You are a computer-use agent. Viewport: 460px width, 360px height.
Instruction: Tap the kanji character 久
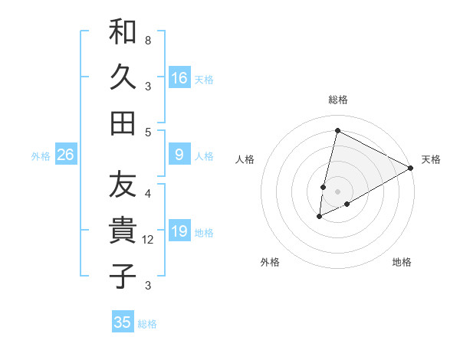pos(123,77)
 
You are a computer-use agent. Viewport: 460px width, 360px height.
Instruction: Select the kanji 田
pos(123,123)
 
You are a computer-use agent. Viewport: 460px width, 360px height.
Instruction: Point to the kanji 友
pos(123,186)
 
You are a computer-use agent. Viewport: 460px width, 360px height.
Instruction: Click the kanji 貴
pos(123,231)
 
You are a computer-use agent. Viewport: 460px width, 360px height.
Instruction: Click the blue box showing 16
pos(179,78)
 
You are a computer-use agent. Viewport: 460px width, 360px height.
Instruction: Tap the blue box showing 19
pos(179,231)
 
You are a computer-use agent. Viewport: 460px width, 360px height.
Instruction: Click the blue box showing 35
pos(123,322)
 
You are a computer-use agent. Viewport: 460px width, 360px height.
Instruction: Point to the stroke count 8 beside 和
pos(147,40)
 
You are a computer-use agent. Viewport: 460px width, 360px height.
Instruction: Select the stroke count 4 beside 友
pos(147,192)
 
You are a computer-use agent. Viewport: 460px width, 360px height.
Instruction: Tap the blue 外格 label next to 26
pos(41,156)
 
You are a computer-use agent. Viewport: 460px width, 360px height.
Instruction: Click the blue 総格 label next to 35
pos(147,324)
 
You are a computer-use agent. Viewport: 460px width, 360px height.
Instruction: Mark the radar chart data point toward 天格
pos(411,168)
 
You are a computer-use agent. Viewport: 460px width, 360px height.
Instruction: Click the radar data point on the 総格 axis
pos(337,130)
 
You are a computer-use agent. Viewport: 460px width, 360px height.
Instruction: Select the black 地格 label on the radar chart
pos(402,263)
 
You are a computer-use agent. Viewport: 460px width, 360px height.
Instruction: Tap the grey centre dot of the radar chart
pos(337,191)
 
